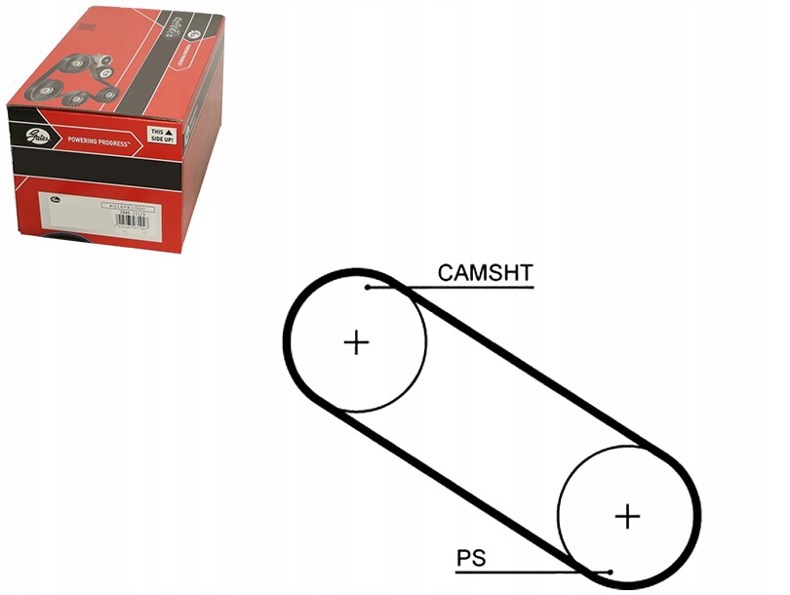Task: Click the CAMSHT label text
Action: pyautogui.click(x=485, y=272)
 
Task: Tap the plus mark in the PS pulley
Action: pyautogui.click(x=628, y=515)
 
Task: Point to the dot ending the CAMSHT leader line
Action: pyautogui.click(x=368, y=287)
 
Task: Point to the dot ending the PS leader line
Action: pyautogui.click(x=610, y=572)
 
